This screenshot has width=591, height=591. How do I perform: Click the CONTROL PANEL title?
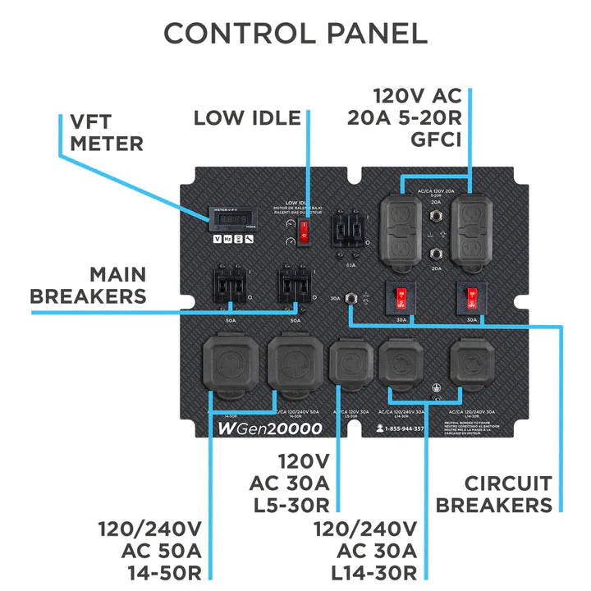point(295,33)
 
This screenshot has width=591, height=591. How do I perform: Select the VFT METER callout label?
point(106,131)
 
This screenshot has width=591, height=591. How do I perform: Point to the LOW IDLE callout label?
point(247,117)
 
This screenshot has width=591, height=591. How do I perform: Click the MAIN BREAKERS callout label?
point(89,285)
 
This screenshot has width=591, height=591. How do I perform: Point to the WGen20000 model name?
point(269,428)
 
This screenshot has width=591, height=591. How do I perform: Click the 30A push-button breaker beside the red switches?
point(354,299)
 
